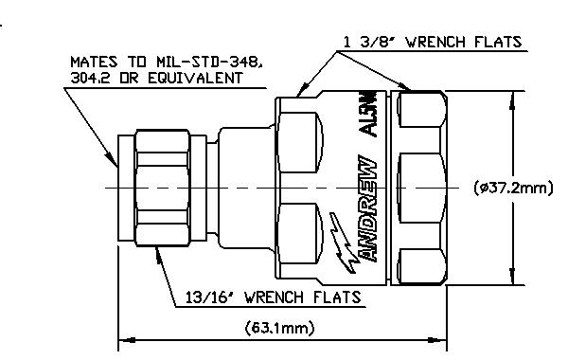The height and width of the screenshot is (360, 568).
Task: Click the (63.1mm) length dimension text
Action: point(279,328)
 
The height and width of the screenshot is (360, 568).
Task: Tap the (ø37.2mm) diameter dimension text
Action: point(513,188)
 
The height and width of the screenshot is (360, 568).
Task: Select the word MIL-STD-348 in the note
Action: point(209,62)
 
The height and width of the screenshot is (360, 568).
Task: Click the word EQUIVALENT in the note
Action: point(196,78)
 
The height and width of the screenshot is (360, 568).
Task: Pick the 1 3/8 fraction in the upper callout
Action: point(369,42)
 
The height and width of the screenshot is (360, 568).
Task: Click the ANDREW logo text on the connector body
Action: point(366,208)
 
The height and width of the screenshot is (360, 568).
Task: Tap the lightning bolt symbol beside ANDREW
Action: point(343,243)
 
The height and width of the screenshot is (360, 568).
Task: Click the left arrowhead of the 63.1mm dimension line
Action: point(127,340)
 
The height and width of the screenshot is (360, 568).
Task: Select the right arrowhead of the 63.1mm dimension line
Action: point(437,340)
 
